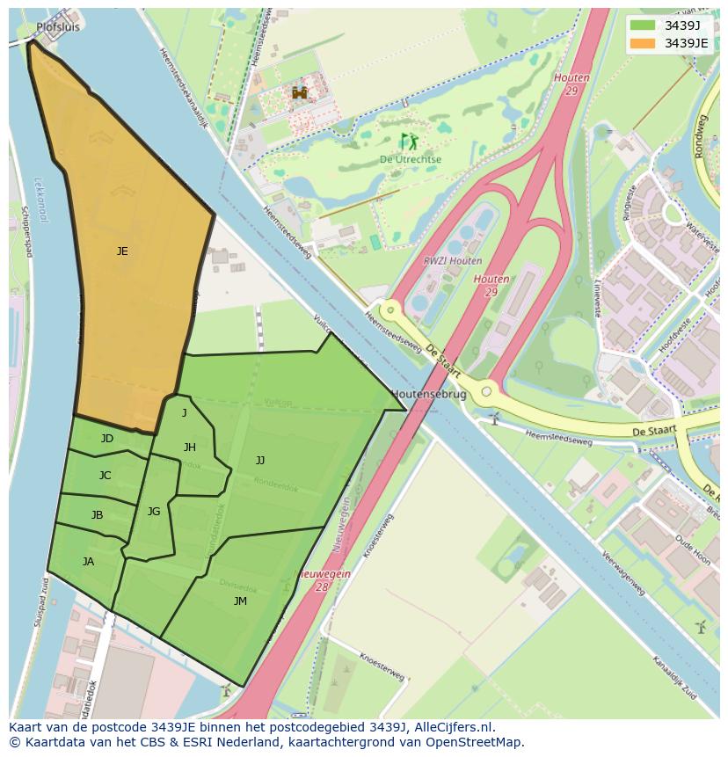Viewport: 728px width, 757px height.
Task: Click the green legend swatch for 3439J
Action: click(643, 25)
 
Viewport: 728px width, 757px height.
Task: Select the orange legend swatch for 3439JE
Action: click(643, 43)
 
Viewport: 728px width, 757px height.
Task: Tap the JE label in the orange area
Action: click(122, 251)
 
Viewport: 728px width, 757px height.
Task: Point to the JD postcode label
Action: click(106, 439)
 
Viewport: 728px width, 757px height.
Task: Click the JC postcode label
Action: click(105, 476)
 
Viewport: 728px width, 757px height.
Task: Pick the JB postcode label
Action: click(97, 515)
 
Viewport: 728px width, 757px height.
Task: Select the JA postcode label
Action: click(88, 562)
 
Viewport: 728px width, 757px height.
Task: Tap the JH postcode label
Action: click(189, 448)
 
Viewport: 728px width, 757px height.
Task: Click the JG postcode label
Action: click(154, 512)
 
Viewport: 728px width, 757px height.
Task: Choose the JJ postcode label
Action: click(260, 460)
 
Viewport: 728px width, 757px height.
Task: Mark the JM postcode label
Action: click(240, 601)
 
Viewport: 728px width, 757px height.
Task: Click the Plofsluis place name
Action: click(58, 27)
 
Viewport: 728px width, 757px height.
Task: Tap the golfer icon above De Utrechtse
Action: click(409, 142)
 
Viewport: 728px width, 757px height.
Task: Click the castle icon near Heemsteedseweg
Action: click(300, 92)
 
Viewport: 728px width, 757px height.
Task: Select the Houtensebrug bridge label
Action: click(428, 395)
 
